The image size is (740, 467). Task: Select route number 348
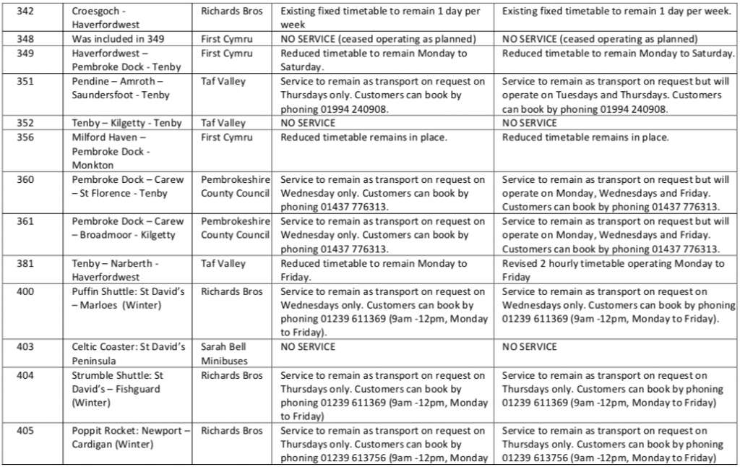point(27,38)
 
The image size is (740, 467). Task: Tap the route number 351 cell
point(27,82)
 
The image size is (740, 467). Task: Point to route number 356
point(27,137)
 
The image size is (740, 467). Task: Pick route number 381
point(27,263)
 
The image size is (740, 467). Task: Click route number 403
point(27,346)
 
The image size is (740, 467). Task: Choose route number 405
point(27,430)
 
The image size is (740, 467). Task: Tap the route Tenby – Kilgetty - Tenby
point(126,124)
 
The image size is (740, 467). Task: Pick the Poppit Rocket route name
point(130,437)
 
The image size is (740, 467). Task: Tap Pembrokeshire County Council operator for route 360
point(235,187)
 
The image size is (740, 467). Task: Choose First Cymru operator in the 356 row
point(227,137)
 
